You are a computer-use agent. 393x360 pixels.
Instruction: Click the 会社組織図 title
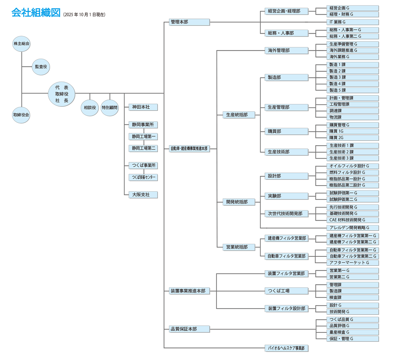pyautogui.click(x=35, y=13)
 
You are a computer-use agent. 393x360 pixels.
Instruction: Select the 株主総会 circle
pyautogui.click(x=21, y=43)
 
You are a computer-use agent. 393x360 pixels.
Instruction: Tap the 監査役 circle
pyautogui.click(x=41, y=66)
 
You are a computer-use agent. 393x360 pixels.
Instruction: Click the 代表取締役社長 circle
pyautogui.click(x=62, y=94)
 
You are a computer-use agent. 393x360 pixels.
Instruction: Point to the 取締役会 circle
pyautogui.click(x=21, y=115)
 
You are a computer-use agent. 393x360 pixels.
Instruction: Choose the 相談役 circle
pyautogui.click(x=90, y=107)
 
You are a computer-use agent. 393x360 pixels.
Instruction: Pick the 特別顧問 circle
pyautogui.click(x=110, y=107)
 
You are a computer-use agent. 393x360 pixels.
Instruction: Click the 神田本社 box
pyautogui.click(x=143, y=107)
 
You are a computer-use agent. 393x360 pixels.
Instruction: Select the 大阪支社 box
pyautogui.click(x=143, y=195)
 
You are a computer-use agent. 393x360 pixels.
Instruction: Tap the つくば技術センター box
pyautogui.click(x=143, y=177)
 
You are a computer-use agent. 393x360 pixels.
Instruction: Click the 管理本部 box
pyautogui.click(x=189, y=22)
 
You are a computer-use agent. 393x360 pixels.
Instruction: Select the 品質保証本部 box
pyautogui.click(x=189, y=329)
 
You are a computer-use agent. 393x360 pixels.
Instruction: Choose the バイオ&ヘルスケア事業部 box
pyautogui.click(x=286, y=348)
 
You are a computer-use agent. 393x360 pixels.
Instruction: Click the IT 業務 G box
pyautogui.click(x=352, y=22)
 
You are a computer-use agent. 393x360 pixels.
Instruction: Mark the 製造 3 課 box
pyautogui.click(x=352, y=77)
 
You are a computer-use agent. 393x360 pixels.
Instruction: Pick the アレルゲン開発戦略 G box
pyautogui.click(x=352, y=228)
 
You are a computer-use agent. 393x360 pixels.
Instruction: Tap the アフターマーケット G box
pyautogui.click(x=352, y=263)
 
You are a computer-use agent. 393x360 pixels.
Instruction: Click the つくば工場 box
pyautogui.click(x=286, y=291)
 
